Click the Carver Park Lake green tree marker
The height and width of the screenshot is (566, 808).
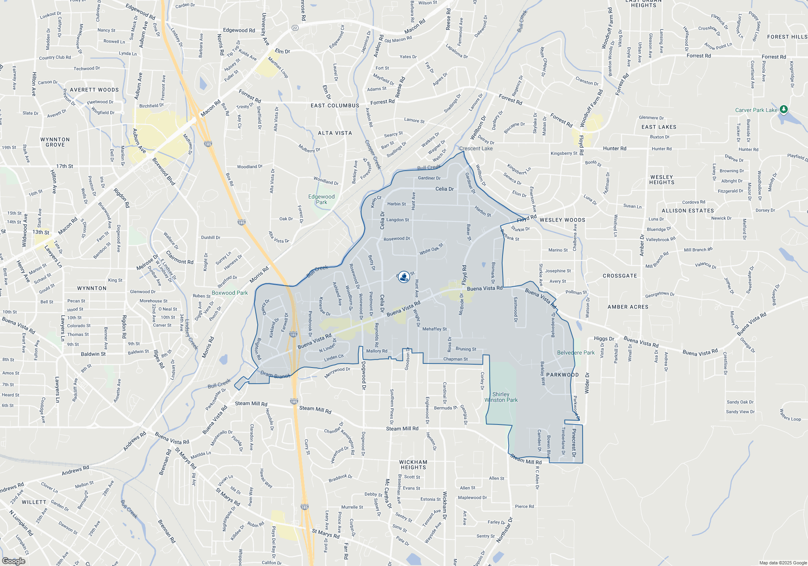[783, 109]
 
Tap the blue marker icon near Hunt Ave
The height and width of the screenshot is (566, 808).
[404, 277]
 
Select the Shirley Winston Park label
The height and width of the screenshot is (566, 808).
[501, 397]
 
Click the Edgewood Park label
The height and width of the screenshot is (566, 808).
[322, 199]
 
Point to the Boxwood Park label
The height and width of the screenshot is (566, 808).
[230, 293]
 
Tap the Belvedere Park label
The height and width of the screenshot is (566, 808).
[576, 353]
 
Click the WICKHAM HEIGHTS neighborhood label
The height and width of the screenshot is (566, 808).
[413, 465]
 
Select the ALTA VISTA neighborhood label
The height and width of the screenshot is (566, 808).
[335, 133]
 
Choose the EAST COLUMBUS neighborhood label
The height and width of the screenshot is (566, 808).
[335, 106]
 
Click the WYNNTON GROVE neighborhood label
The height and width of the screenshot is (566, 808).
[55, 142]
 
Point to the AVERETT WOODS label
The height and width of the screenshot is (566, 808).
[95, 90]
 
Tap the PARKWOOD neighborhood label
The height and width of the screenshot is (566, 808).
[562, 375]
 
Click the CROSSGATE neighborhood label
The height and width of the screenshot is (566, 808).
[620, 276]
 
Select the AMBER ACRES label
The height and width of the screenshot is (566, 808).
[628, 307]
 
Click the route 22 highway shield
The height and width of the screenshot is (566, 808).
[295, 28]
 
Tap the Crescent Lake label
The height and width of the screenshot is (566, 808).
[476, 148]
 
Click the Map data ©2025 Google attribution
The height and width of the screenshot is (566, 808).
[783, 563]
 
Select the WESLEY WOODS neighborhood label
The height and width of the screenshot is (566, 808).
[562, 220]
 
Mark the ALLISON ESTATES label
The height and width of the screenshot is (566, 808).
[688, 211]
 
